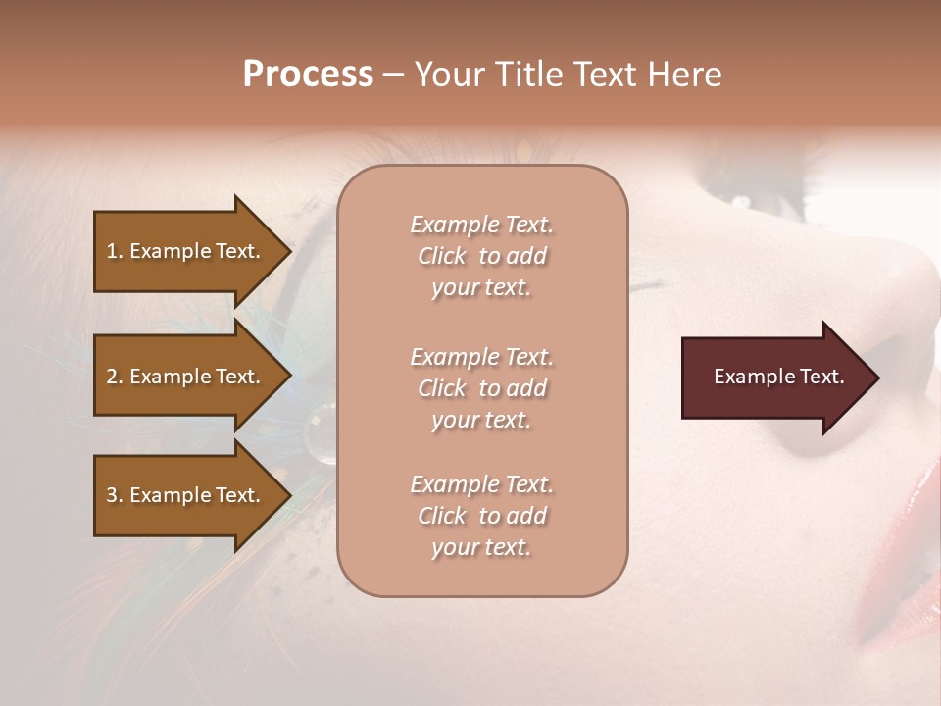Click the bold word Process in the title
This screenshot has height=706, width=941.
308,75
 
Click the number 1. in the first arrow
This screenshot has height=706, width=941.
115,251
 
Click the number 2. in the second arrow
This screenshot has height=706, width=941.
115,377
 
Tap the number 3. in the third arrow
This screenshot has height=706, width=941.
115,495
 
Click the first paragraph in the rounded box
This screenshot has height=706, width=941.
481,256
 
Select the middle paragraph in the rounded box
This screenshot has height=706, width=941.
481,388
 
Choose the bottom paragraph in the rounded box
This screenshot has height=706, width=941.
481,516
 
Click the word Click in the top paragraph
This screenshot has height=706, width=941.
442,256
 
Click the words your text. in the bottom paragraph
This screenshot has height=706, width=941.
481,547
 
